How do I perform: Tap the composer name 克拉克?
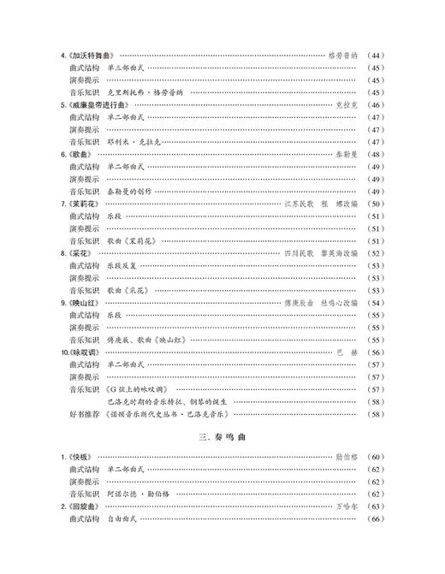[x=339, y=104]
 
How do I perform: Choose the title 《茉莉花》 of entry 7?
[x=84, y=204]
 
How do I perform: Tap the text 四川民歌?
[x=298, y=254]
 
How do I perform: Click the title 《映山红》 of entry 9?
[x=84, y=304]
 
